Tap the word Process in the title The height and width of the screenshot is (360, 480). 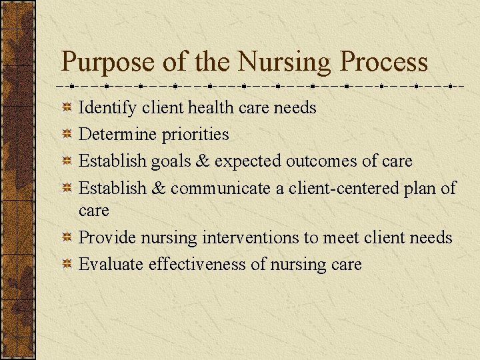[384, 62]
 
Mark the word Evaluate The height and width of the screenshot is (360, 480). [111, 265]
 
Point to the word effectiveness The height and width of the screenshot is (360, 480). [197, 265]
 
